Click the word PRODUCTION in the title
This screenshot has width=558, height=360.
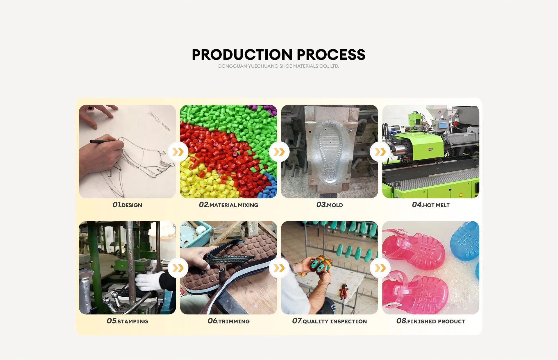coord(242,55)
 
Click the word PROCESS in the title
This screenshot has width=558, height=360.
coord(331,55)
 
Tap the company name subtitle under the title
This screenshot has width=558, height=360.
coord(279,66)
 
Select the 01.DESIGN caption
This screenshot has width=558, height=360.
coord(127,205)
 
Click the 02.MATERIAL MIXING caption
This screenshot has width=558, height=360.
coord(228,205)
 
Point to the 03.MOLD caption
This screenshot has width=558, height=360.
coord(330,205)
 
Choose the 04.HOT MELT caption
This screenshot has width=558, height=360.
coord(431,205)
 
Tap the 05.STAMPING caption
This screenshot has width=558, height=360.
coord(127,321)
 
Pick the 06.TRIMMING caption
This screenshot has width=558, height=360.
coord(228,321)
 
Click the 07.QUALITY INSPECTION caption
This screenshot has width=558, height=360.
coord(330,321)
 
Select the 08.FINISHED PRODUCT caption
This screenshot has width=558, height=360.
coord(431,321)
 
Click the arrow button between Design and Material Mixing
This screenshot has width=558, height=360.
coord(178,152)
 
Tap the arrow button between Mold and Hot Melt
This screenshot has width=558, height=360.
coord(380,152)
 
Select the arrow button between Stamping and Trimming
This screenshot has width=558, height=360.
coord(178,268)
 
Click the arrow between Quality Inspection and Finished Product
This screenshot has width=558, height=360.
coord(380,268)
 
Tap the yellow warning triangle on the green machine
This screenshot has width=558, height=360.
coord(461,194)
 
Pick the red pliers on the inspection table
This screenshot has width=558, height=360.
coord(344,291)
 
